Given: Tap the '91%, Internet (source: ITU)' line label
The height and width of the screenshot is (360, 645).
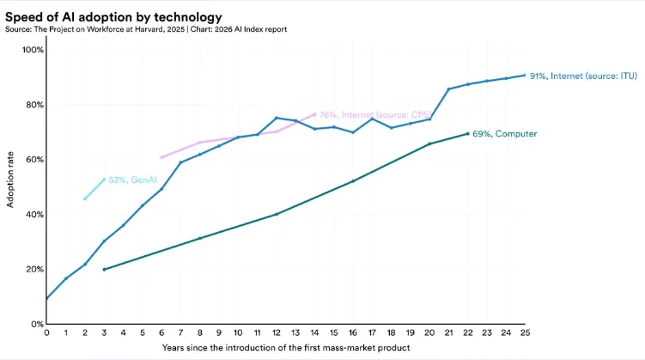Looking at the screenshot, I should (583, 76).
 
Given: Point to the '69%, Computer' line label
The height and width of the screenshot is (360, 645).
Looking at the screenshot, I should (508, 133).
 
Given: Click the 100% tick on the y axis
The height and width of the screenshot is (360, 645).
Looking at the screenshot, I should (33, 50).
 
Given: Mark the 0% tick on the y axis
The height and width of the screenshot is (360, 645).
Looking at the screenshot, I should (35, 324).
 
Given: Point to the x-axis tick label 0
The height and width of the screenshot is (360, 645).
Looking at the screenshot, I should (46, 333).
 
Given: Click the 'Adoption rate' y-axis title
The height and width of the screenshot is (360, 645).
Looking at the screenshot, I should (11, 186).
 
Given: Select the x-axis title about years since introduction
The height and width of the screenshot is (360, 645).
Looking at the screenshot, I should (286, 348).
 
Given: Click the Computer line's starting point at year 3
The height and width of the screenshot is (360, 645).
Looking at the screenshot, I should (104, 270).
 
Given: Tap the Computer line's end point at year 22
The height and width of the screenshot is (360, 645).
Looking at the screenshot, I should (468, 133).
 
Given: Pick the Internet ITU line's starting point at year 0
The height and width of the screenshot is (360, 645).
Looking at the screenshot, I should (46, 299).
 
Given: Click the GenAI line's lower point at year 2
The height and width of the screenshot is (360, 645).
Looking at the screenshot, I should (85, 199).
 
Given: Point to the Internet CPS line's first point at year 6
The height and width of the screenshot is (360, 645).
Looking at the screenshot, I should (161, 157).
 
